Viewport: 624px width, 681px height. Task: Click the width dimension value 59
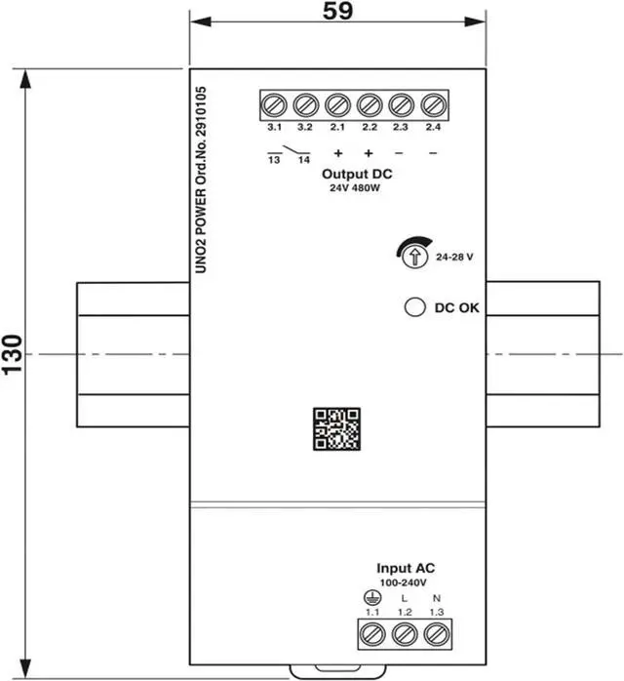(x=337, y=11)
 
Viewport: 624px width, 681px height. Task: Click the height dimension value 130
(x=12, y=354)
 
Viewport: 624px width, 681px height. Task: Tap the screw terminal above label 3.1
(x=274, y=105)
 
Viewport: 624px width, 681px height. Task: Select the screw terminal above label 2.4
(x=434, y=105)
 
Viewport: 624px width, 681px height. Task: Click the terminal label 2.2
(x=370, y=127)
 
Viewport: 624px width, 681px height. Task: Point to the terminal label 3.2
(x=304, y=127)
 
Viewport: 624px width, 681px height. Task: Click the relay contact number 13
(x=274, y=160)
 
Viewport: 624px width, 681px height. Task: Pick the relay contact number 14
(x=304, y=160)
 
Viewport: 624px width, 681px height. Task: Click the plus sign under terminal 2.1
(x=338, y=153)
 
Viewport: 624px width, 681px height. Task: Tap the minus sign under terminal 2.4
(x=433, y=153)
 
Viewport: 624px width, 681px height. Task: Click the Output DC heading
(x=357, y=175)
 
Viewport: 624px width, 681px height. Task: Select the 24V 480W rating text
(x=355, y=188)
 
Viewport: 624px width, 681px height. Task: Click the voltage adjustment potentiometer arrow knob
(x=415, y=257)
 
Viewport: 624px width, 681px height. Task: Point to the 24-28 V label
(x=454, y=258)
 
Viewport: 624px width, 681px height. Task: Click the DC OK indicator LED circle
(x=414, y=307)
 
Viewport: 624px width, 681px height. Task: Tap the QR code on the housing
(x=336, y=428)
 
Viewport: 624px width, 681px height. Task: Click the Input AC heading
(x=406, y=568)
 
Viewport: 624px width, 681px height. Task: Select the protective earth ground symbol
(x=371, y=598)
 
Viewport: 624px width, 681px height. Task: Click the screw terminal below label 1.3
(x=436, y=634)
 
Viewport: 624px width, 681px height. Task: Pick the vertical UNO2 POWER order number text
(x=201, y=180)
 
